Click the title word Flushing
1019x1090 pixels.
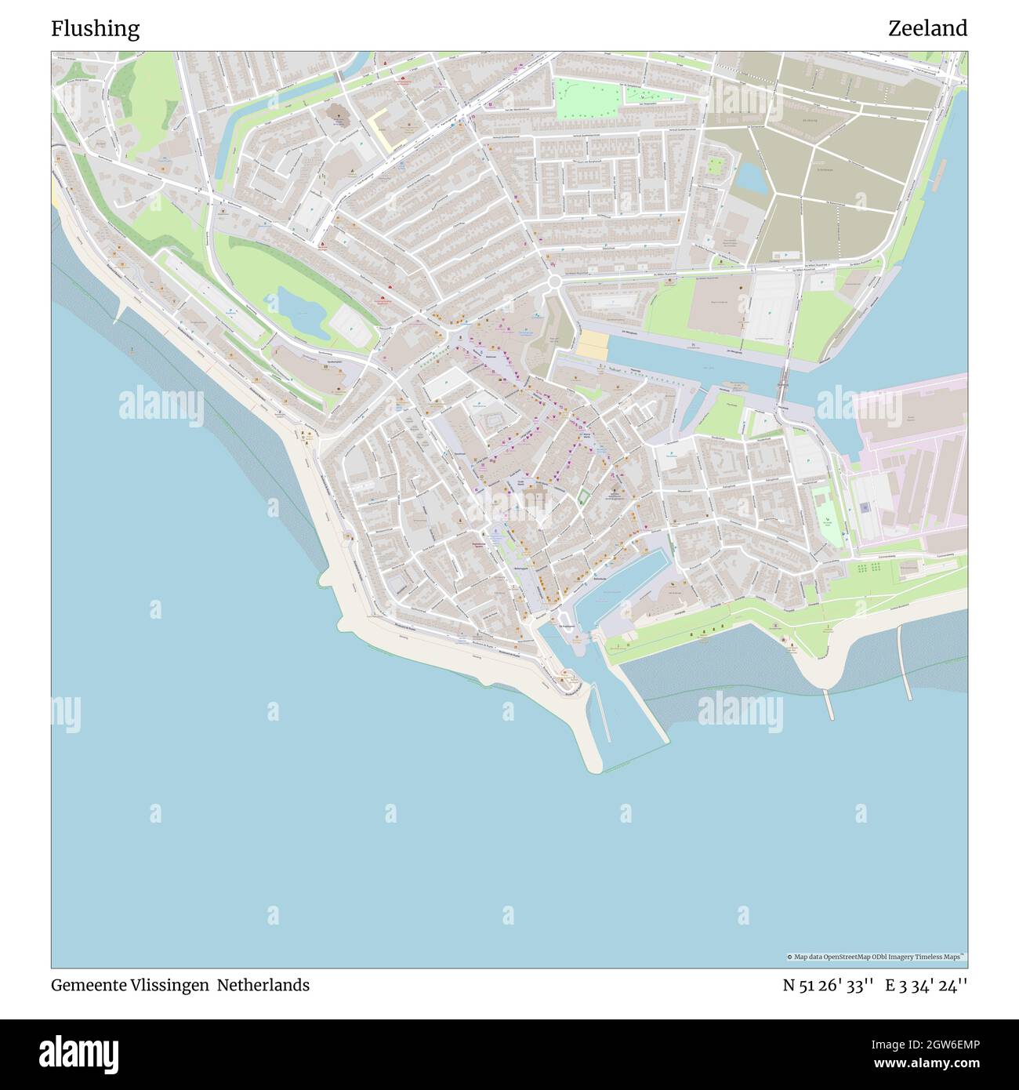coord(95,29)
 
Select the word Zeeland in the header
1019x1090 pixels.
coord(927,29)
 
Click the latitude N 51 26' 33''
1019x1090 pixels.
coord(829,985)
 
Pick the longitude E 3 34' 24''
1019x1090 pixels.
coord(927,985)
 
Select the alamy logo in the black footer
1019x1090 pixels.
coord(80,1052)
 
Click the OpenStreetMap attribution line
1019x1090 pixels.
coord(876,957)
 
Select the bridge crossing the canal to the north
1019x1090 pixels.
coord(783,384)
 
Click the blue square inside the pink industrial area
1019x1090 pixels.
coord(865,507)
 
